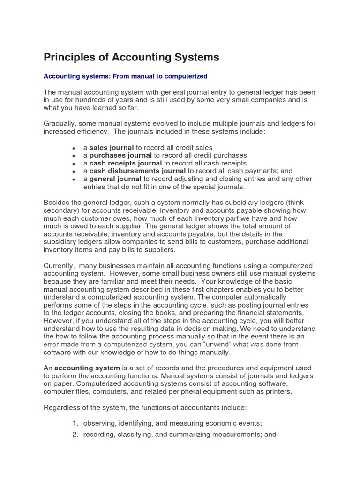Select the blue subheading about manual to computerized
[x=125, y=76]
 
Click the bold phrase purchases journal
[x=120, y=155]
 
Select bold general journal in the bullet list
[x=115, y=179]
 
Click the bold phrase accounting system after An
[x=81, y=368]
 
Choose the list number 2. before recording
[x=75, y=435]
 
